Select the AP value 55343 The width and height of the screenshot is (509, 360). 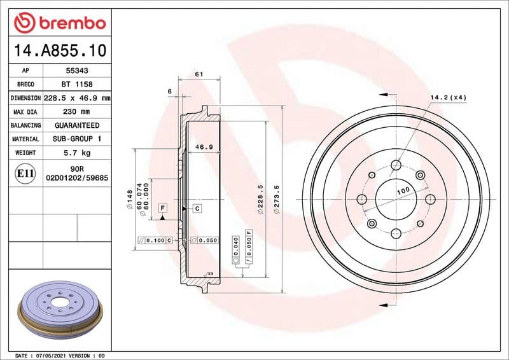coord(76,71)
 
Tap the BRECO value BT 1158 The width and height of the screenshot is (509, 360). coord(76,85)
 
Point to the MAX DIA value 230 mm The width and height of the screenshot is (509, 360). coord(76,112)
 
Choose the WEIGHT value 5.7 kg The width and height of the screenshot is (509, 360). coord(76,153)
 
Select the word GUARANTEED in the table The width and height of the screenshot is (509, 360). coord(76,125)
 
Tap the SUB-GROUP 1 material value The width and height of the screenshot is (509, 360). coord(76,139)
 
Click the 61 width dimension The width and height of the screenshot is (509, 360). coord(199,74)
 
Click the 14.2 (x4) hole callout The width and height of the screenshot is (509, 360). coord(448,97)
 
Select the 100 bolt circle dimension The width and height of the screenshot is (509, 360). coord(403,191)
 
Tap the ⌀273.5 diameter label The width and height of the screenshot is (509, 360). coord(275,199)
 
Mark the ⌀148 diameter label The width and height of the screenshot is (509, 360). coord(129,200)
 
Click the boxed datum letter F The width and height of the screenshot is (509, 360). coord(163,209)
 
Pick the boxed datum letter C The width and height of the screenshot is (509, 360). coord(197,209)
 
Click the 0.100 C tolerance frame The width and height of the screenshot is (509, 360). coord(155,240)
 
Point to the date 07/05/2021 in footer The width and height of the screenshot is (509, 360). coord(54,355)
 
